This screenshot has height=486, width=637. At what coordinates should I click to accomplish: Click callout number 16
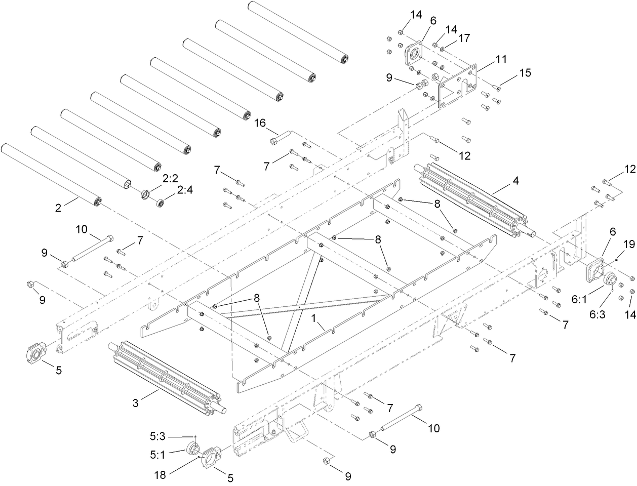point(260,123)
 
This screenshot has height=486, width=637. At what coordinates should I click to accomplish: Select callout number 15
point(525,73)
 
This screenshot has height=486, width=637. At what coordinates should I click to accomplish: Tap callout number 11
point(501,59)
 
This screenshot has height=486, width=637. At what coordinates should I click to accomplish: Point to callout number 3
point(135,403)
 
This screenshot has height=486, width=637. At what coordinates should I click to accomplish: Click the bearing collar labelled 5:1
point(193,449)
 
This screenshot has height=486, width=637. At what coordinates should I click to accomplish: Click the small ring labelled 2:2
point(145,194)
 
